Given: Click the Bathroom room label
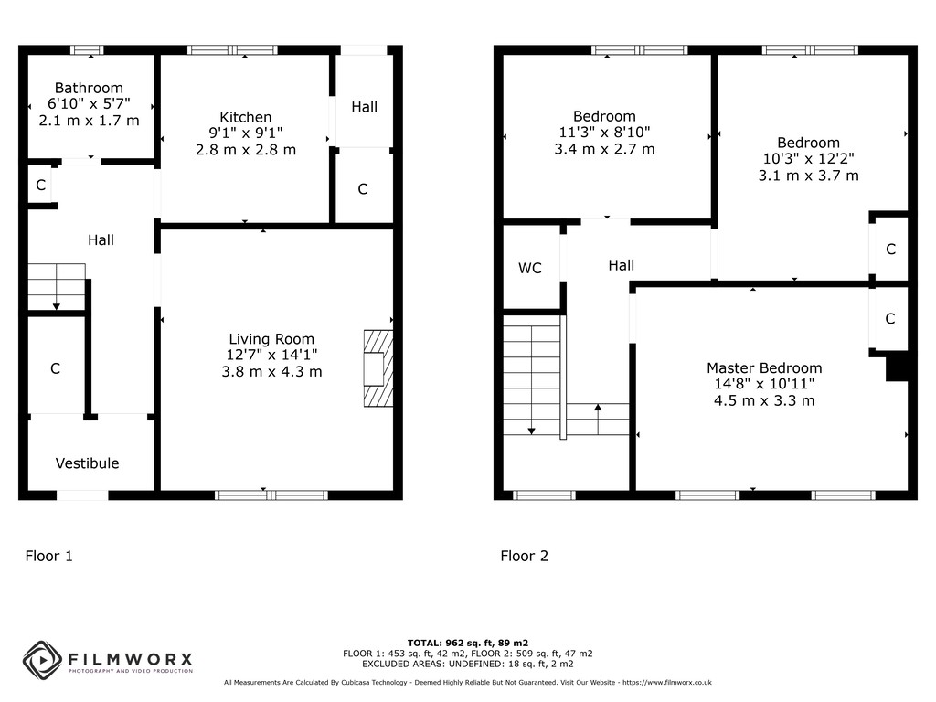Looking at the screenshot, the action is point(89,89).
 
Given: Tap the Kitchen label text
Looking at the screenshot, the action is point(245,117).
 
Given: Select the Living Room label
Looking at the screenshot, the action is point(271,339).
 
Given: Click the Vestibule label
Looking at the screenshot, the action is point(87,463).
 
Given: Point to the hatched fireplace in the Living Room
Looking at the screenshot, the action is point(378,368).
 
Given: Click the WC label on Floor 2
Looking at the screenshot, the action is point(530,268).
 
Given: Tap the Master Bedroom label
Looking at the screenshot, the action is point(764,367).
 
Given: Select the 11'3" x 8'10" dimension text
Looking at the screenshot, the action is point(605,132).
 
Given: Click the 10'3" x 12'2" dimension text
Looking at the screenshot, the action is point(808,159).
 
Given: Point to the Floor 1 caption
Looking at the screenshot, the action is point(49,557).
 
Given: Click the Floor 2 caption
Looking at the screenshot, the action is point(524,557).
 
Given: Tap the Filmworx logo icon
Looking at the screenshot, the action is point(42,660).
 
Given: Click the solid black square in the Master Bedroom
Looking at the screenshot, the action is point(897,366).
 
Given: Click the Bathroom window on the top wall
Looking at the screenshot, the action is point(87,50).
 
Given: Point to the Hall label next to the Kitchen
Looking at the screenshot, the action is point(364,107).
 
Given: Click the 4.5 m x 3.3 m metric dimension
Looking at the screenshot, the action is point(764,400).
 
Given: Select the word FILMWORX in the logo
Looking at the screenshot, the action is point(130,659).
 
